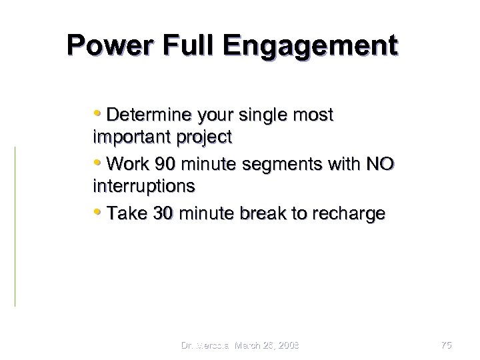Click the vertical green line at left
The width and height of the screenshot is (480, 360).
coord(15,227)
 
